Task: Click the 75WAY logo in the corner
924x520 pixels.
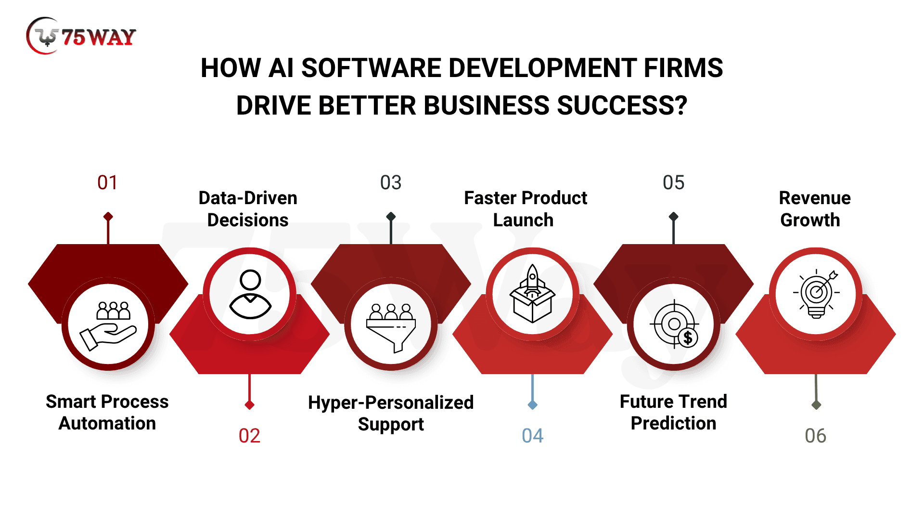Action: (x=81, y=36)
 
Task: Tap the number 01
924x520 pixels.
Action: (x=107, y=183)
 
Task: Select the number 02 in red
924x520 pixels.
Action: (x=249, y=436)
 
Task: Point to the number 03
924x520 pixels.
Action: (x=390, y=183)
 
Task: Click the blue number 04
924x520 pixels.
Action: (x=532, y=436)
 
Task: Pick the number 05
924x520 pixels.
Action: (x=673, y=183)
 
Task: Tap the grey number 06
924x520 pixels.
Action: (x=815, y=436)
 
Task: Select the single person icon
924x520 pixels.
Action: (x=250, y=294)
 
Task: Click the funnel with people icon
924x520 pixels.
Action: (x=391, y=328)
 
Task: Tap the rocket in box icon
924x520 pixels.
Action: (x=532, y=293)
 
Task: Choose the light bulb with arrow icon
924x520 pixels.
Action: (x=816, y=294)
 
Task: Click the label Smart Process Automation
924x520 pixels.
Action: (x=107, y=412)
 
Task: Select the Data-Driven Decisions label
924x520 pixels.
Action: (x=248, y=208)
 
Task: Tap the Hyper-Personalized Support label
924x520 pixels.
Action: (x=391, y=413)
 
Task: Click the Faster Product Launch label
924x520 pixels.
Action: (x=526, y=208)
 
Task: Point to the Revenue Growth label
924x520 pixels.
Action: (x=815, y=208)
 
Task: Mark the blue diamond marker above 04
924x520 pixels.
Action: (x=532, y=405)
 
